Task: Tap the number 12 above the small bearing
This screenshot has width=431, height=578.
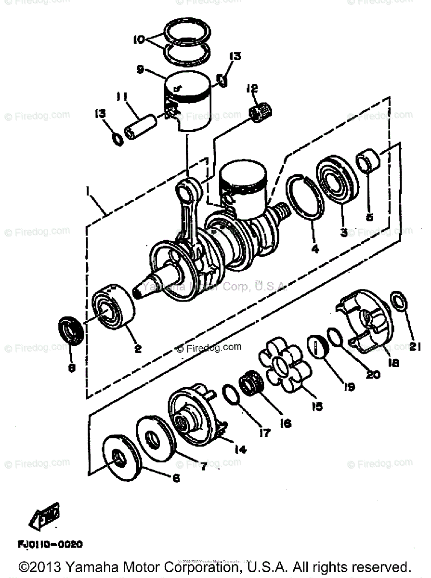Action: click(252, 89)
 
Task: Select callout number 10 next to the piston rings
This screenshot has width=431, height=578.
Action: click(139, 39)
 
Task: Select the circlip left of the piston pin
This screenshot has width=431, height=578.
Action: click(116, 140)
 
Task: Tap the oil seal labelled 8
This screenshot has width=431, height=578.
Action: click(71, 331)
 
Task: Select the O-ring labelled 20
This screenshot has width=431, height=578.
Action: click(335, 336)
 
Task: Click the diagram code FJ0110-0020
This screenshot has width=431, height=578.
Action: click(50, 544)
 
